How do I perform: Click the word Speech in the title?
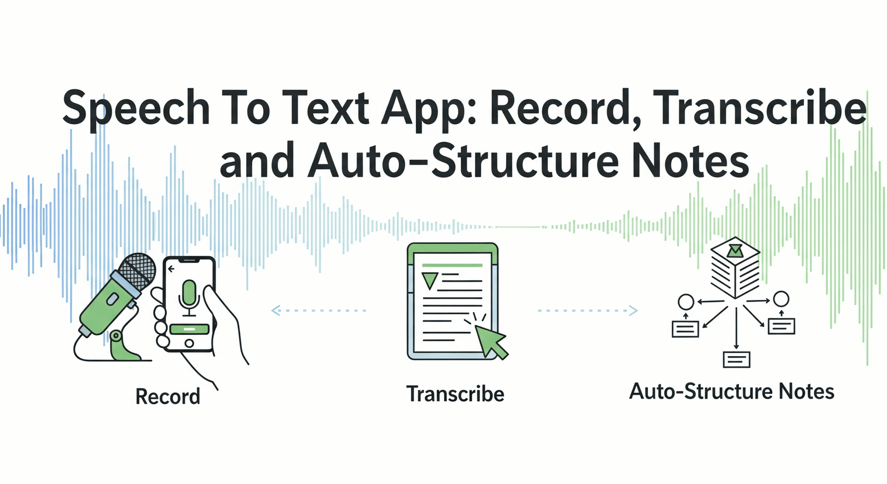[136, 109]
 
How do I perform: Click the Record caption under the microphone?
[167, 397]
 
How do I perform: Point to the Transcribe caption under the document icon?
[455, 394]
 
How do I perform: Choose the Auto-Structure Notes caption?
[731, 391]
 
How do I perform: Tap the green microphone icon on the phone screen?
[189, 294]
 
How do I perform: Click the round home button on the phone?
[189, 344]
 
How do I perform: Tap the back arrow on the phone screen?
[172, 269]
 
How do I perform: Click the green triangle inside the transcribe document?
[430, 280]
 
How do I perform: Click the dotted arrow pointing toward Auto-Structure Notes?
[588, 310]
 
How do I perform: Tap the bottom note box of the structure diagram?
[736, 360]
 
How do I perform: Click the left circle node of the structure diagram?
[686, 302]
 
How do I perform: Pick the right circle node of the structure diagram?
[781, 299]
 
